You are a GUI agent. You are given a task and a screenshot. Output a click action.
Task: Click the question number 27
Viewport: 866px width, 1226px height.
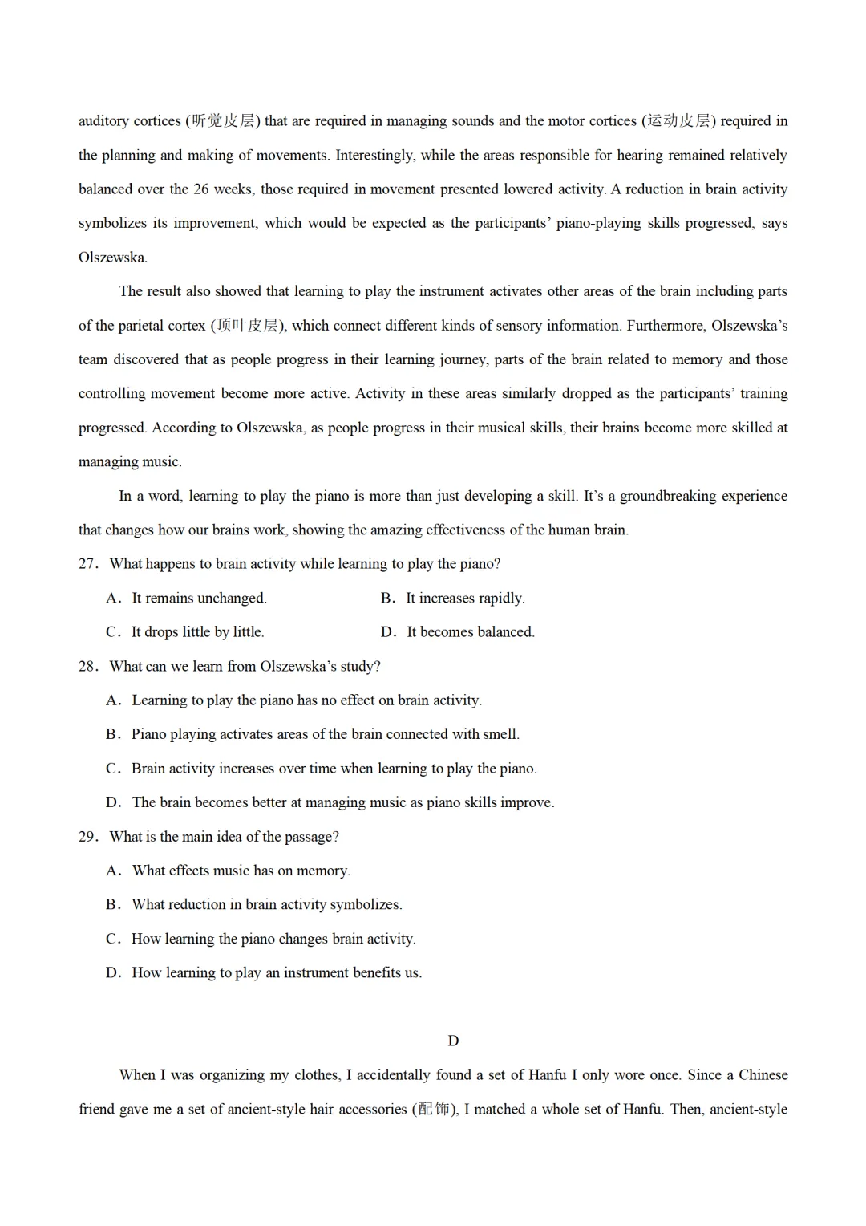[x=87, y=564]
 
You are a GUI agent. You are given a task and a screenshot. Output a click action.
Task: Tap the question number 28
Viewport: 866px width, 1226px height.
[x=87, y=666]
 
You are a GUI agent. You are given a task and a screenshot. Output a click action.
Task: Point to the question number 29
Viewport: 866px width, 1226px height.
[x=87, y=837]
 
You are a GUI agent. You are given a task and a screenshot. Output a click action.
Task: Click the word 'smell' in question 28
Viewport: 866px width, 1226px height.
[x=500, y=734]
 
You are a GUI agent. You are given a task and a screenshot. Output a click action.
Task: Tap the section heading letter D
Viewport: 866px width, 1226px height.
[x=453, y=1041]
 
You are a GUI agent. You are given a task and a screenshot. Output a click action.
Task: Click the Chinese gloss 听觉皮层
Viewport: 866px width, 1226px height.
[x=224, y=121]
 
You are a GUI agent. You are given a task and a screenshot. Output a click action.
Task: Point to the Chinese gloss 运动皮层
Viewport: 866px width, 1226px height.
[x=679, y=121]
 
